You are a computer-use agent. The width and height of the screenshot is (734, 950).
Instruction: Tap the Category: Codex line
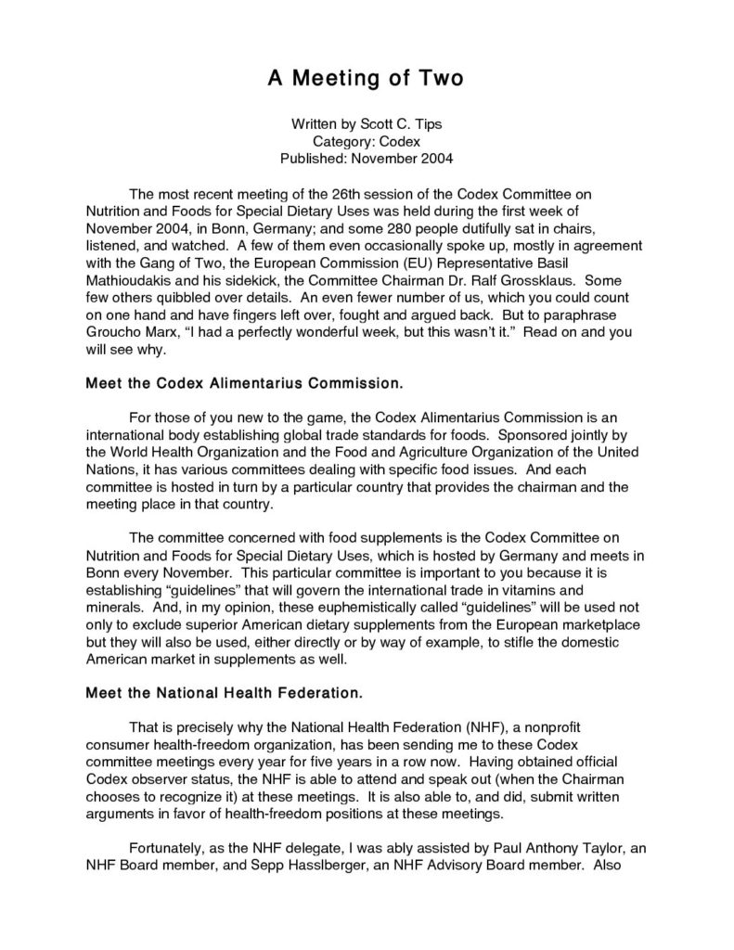(x=367, y=141)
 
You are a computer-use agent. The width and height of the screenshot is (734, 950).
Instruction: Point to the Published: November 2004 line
(x=367, y=158)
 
